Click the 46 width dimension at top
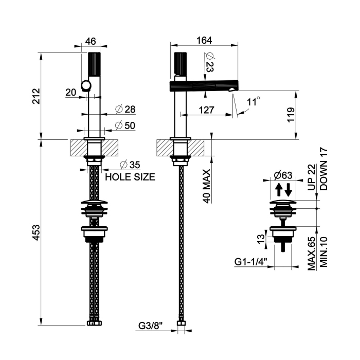[x=91, y=41]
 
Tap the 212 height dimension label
[x=35, y=96]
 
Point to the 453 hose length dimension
[x=35, y=232]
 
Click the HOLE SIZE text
[x=130, y=177]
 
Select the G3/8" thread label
[x=150, y=325]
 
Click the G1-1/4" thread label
[x=250, y=262]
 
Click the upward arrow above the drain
[x=278, y=189]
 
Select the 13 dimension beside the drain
[x=261, y=238]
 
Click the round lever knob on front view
[x=86, y=86]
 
